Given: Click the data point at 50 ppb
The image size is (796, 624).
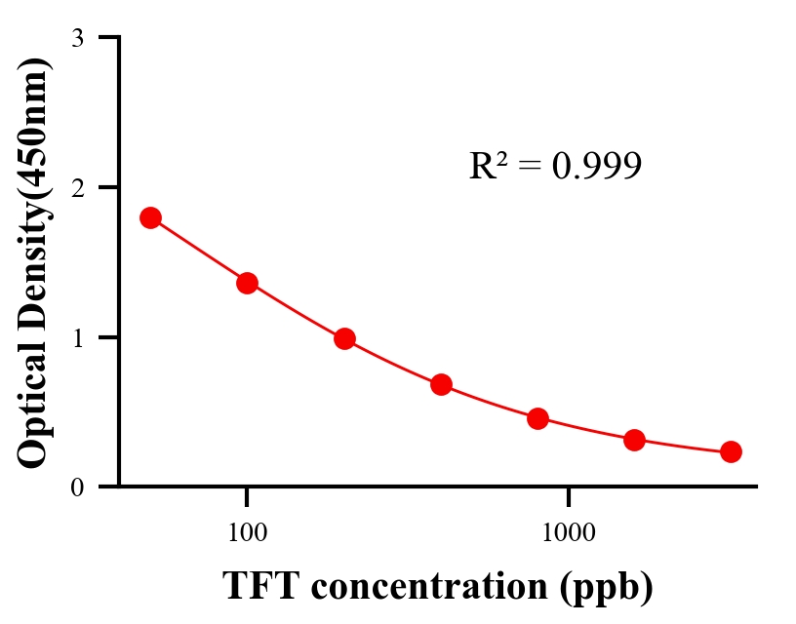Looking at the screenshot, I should point(150,217).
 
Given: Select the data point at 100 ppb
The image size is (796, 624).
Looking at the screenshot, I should point(247,283).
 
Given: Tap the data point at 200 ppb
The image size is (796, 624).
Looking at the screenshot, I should point(344,339).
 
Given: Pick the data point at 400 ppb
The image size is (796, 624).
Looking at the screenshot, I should point(441,384).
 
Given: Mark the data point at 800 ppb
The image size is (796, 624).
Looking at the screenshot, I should point(537,419).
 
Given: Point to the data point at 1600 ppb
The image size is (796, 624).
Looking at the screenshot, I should point(634,440).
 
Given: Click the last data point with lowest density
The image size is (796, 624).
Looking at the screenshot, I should point(731,451).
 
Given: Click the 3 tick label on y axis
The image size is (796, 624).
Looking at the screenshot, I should point(78,38).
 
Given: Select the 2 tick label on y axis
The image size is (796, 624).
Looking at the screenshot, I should point(78,187).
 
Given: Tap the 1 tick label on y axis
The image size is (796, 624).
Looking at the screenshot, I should point(78,337).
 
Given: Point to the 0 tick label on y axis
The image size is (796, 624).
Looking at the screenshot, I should point(78,487).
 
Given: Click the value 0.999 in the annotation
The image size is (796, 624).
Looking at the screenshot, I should point(596,167).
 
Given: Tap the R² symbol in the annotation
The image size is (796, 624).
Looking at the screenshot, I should point(487,167).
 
